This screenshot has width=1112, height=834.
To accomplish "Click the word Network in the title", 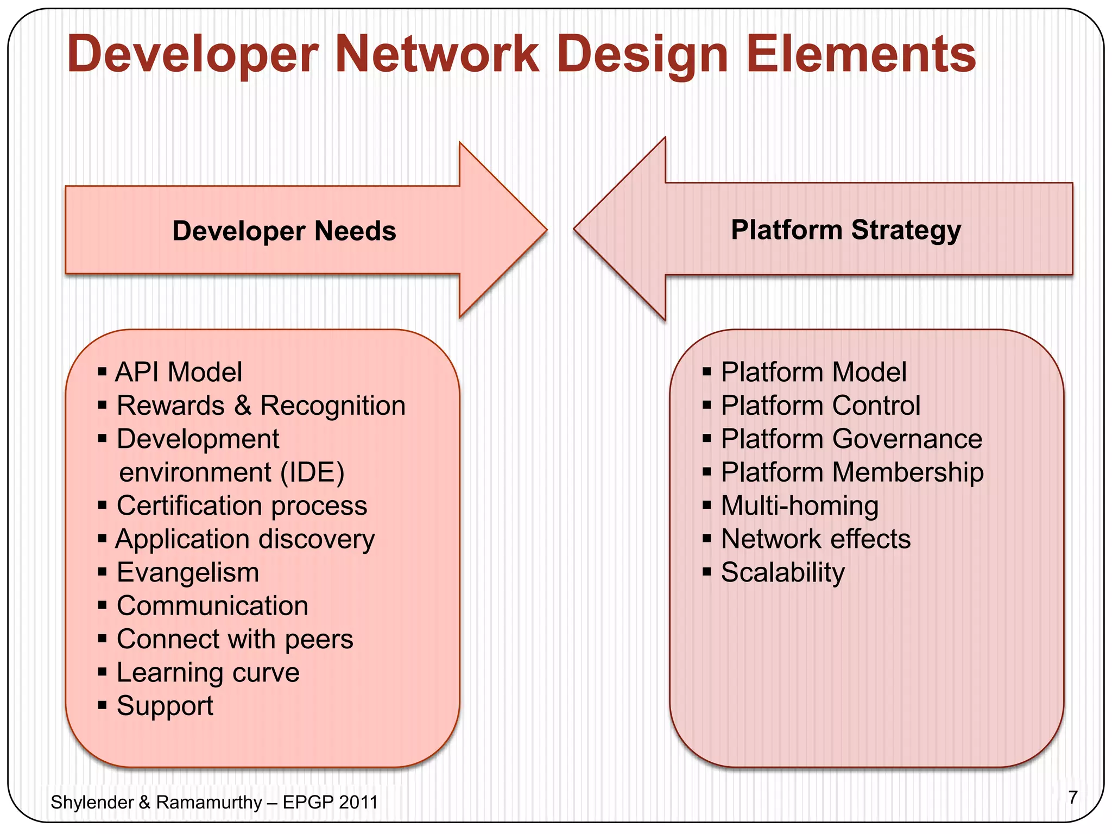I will (x=437, y=54).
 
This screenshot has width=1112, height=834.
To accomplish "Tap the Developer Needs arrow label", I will (x=284, y=231).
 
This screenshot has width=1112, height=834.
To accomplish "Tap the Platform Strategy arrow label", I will (x=846, y=230).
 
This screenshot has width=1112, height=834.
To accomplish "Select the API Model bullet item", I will (x=179, y=372).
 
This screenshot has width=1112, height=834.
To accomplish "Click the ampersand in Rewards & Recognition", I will (x=243, y=406).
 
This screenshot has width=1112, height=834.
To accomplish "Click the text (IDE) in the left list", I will (x=312, y=472).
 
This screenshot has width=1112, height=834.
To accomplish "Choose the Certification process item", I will (x=242, y=506).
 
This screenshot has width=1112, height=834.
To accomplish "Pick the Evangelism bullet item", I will (x=188, y=572).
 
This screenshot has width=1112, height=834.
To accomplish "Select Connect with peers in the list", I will (x=235, y=639).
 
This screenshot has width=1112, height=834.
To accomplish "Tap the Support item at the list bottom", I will (x=165, y=706).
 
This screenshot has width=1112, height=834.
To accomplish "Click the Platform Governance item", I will (x=851, y=439).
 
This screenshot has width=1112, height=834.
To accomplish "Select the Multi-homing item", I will (x=799, y=506).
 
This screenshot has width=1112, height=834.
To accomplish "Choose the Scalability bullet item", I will (x=782, y=572).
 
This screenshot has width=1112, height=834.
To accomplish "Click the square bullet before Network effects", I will (x=706, y=539).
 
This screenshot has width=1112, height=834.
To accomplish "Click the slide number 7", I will (x=1072, y=798).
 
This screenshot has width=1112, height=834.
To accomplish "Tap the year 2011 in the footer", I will (x=357, y=803).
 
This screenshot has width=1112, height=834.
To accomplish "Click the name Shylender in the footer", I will (x=92, y=803).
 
